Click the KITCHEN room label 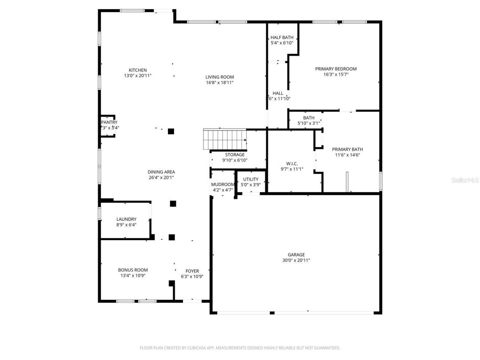point(138,70)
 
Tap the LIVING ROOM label point(219,77)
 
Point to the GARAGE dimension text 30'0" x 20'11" point(296,260)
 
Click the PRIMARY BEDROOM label point(336,69)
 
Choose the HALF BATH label point(282,37)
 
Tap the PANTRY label point(109,122)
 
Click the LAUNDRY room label point(126,219)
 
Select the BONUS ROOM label point(133,270)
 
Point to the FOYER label point(192,271)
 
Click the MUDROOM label point(223,184)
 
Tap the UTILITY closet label point(250,179)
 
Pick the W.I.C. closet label point(292,163)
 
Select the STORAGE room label point(235,155)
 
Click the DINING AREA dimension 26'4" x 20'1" point(161,178)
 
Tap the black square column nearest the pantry point(171,131)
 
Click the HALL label point(278,93)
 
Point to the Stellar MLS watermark point(465,180)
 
